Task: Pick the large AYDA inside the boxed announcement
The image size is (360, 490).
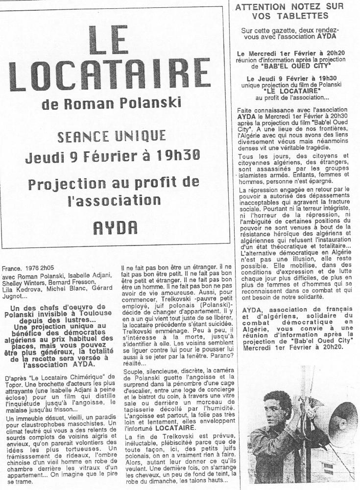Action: (116, 227)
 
